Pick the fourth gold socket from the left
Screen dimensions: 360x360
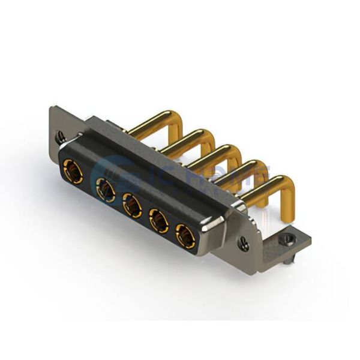click(x=159, y=221)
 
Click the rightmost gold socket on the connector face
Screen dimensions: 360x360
click(x=185, y=237)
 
